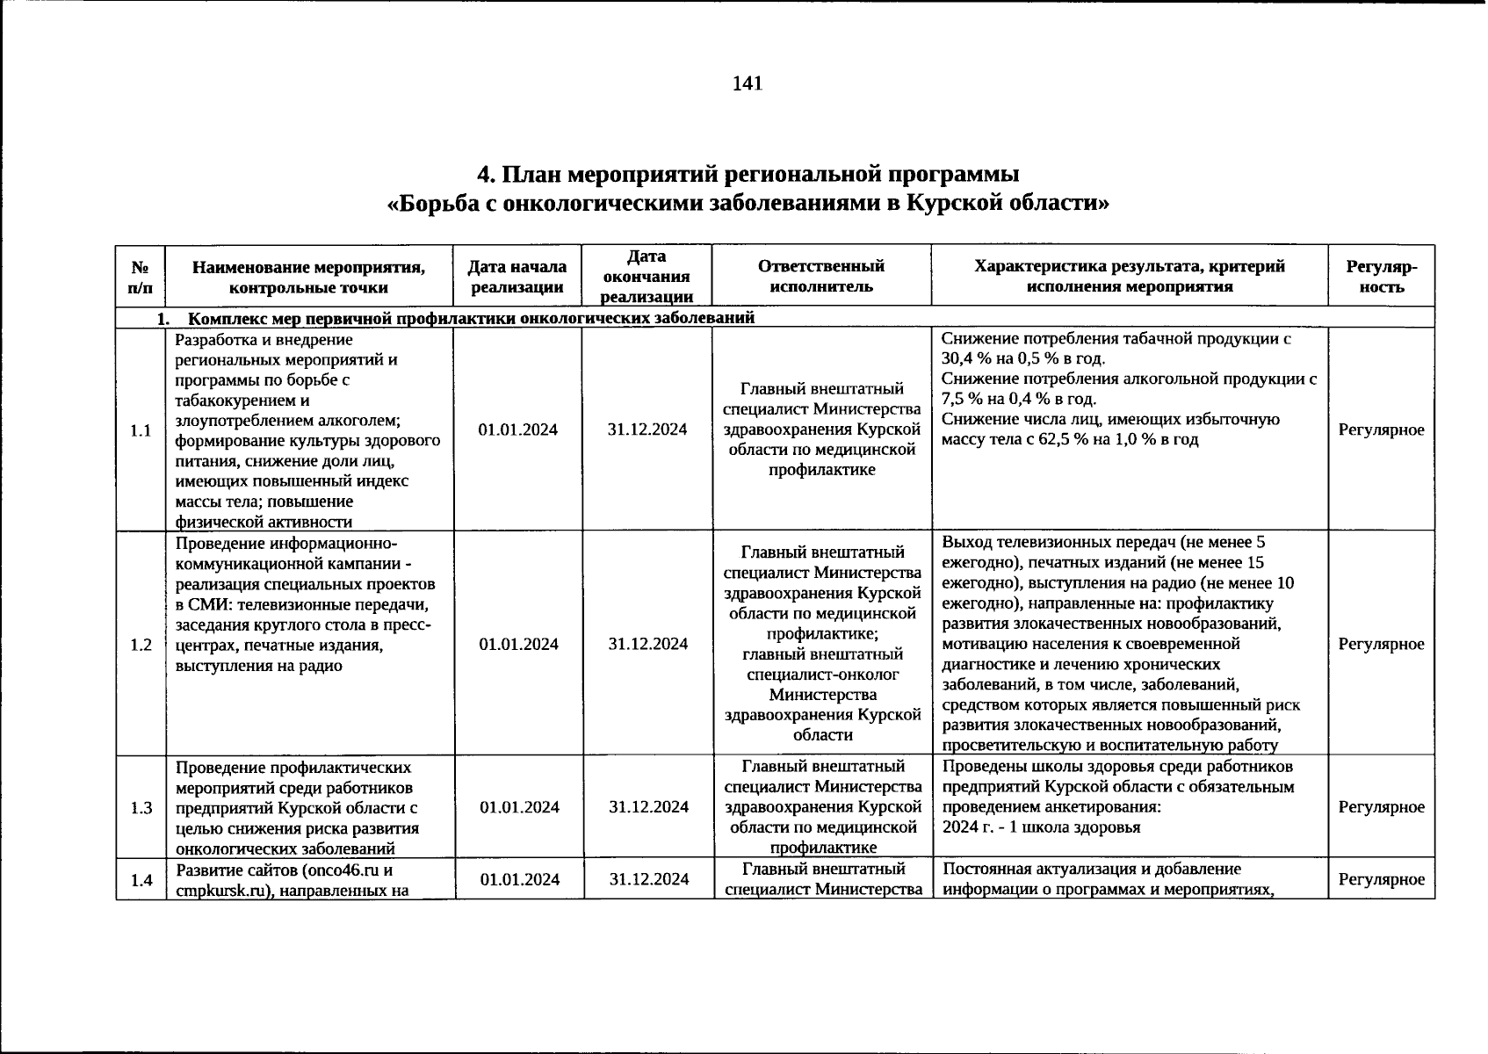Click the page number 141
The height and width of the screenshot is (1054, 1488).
coord(747,83)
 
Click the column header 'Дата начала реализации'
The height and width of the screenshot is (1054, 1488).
coord(516,276)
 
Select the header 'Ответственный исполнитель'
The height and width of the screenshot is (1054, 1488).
coord(820,276)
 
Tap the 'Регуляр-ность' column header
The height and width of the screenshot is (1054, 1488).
coord(1381,276)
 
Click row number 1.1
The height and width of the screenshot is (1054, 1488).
coord(141,430)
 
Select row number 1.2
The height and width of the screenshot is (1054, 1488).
coord(141,645)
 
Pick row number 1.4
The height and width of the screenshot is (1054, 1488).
coord(141,880)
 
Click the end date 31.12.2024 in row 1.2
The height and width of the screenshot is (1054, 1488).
coord(647,644)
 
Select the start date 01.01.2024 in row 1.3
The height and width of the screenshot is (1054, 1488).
coord(518,807)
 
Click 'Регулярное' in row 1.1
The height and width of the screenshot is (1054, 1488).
coord(1381,430)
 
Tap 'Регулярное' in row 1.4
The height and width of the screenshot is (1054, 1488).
coord(1381,879)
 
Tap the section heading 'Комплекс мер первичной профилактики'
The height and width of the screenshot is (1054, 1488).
coord(351,318)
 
